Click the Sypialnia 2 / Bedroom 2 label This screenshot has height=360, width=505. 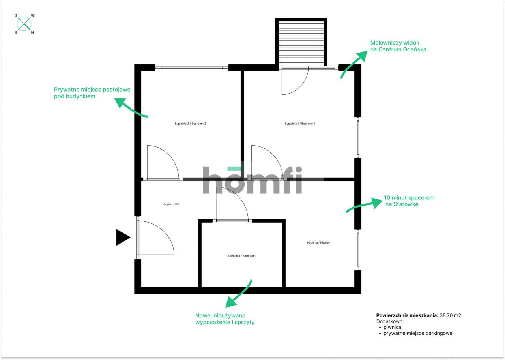(x=190, y=124)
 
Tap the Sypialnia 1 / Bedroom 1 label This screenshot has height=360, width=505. (x=300, y=124)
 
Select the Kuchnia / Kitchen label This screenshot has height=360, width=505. (x=318, y=242)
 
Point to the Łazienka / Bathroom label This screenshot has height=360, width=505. (x=242, y=256)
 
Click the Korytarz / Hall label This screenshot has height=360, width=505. (x=171, y=204)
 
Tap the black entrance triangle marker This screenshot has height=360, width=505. (x=122, y=237)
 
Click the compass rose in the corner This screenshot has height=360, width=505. (x=24, y=24)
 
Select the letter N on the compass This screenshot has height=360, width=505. (x=32, y=32)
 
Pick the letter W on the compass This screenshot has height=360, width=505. (x=33, y=15)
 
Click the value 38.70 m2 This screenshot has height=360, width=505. (x=450, y=315)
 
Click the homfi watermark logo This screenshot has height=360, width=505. (x=252, y=180)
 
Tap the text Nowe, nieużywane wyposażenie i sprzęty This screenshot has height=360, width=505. (x=225, y=319)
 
